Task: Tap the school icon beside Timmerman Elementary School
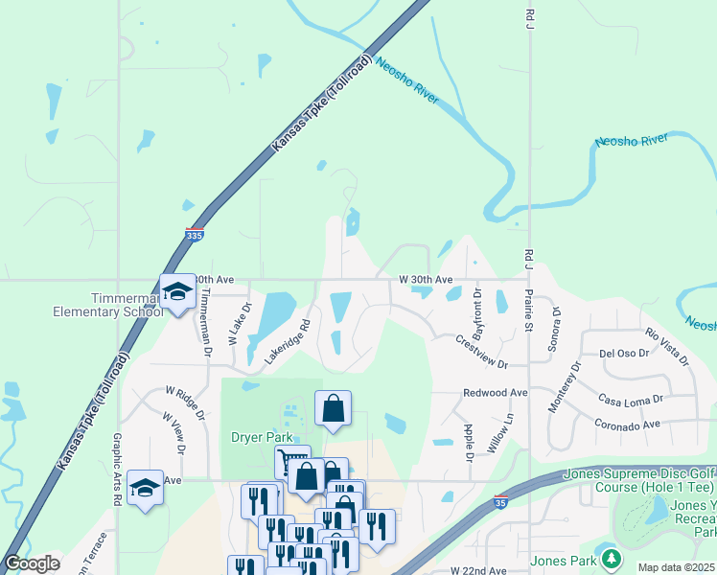177,292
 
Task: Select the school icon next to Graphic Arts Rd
145,487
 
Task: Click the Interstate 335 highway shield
195,233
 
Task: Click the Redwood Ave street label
496,393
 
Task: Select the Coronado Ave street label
627,424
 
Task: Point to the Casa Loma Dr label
630,399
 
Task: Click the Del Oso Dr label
625,353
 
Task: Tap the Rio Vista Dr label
667,346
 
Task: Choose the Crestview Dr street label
480,352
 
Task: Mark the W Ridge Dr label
185,402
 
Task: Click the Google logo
31,563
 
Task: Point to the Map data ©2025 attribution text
676,567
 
